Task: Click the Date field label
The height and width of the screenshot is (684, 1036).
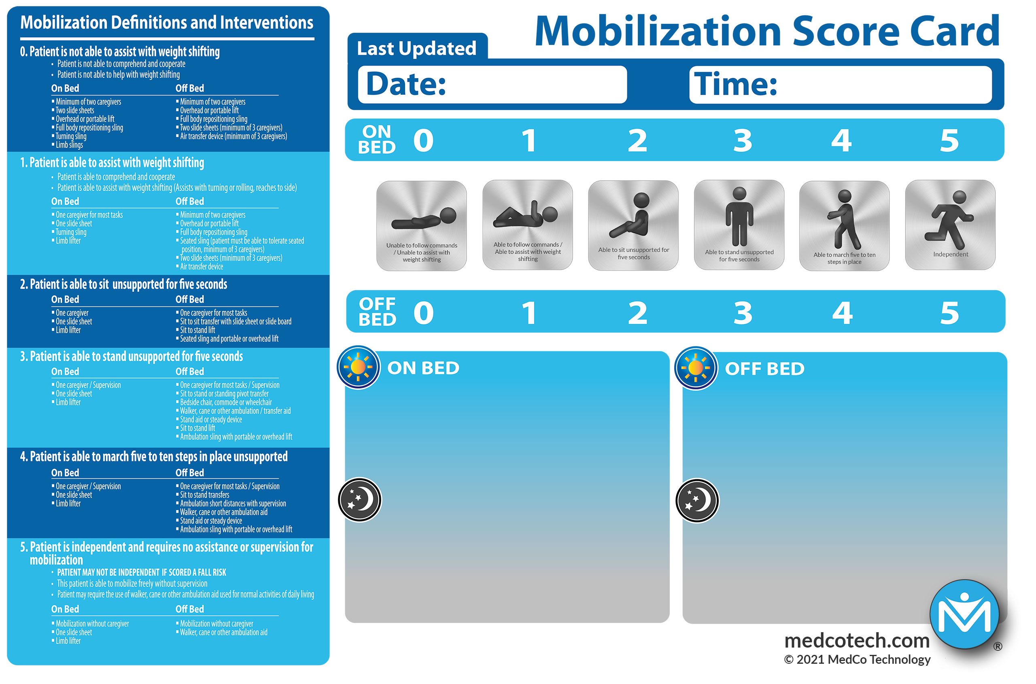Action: click(405, 84)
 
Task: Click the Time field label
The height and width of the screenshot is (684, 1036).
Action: click(735, 84)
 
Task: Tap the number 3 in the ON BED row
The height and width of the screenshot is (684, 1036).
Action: click(743, 140)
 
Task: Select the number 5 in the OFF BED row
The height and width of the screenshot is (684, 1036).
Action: click(950, 313)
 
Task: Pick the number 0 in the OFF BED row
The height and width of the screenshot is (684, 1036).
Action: click(423, 313)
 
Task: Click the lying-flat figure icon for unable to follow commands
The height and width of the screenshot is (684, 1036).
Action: click(424, 218)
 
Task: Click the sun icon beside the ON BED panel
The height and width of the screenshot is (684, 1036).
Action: click(358, 367)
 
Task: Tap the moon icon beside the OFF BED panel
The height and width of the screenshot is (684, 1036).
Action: click(697, 500)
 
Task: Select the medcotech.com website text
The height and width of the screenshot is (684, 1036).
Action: click(857, 640)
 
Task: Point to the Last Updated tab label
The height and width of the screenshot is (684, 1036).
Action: click(416, 49)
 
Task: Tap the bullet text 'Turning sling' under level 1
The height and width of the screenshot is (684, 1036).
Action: click(71, 232)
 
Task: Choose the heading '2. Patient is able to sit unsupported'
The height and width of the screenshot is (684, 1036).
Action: click(123, 285)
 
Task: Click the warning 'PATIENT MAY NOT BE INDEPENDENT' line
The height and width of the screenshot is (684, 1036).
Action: click(142, 572)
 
